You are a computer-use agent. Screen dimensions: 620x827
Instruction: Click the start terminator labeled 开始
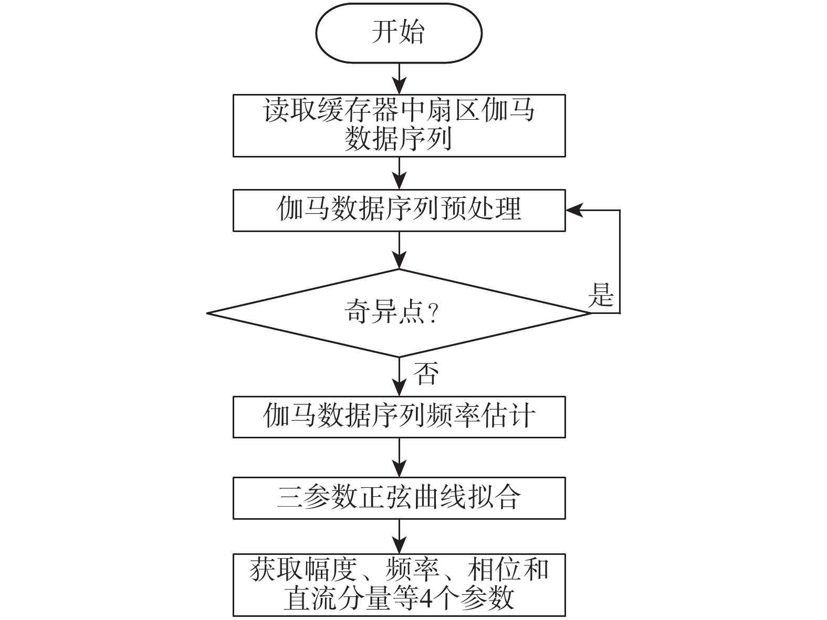(399, 33)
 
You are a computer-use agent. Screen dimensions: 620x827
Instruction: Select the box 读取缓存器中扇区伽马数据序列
(399, 125)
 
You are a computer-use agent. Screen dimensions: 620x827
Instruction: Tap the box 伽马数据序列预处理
(399, 210)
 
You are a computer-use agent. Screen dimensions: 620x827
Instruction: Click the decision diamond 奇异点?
(399, 313)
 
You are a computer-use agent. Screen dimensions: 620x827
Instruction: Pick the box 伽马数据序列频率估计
(399, 417)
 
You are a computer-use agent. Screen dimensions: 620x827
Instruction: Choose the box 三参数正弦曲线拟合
(399, 498)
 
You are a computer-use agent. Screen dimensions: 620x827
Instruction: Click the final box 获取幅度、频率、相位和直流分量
(399, 584)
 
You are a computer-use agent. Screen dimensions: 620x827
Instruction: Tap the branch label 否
(425, 374)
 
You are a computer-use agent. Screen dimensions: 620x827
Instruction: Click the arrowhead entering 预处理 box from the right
(573, 210)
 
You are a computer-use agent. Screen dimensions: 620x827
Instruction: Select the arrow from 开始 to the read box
(399, 79)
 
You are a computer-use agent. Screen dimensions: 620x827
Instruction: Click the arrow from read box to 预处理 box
(399, 173)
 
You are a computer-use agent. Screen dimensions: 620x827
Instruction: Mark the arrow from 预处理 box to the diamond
(399, 251)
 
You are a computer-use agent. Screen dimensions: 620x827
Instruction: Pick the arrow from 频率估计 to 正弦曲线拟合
(399, 458)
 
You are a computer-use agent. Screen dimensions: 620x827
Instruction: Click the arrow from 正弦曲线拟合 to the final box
(399, 537)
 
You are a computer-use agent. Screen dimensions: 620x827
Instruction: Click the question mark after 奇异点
(434, 314)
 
